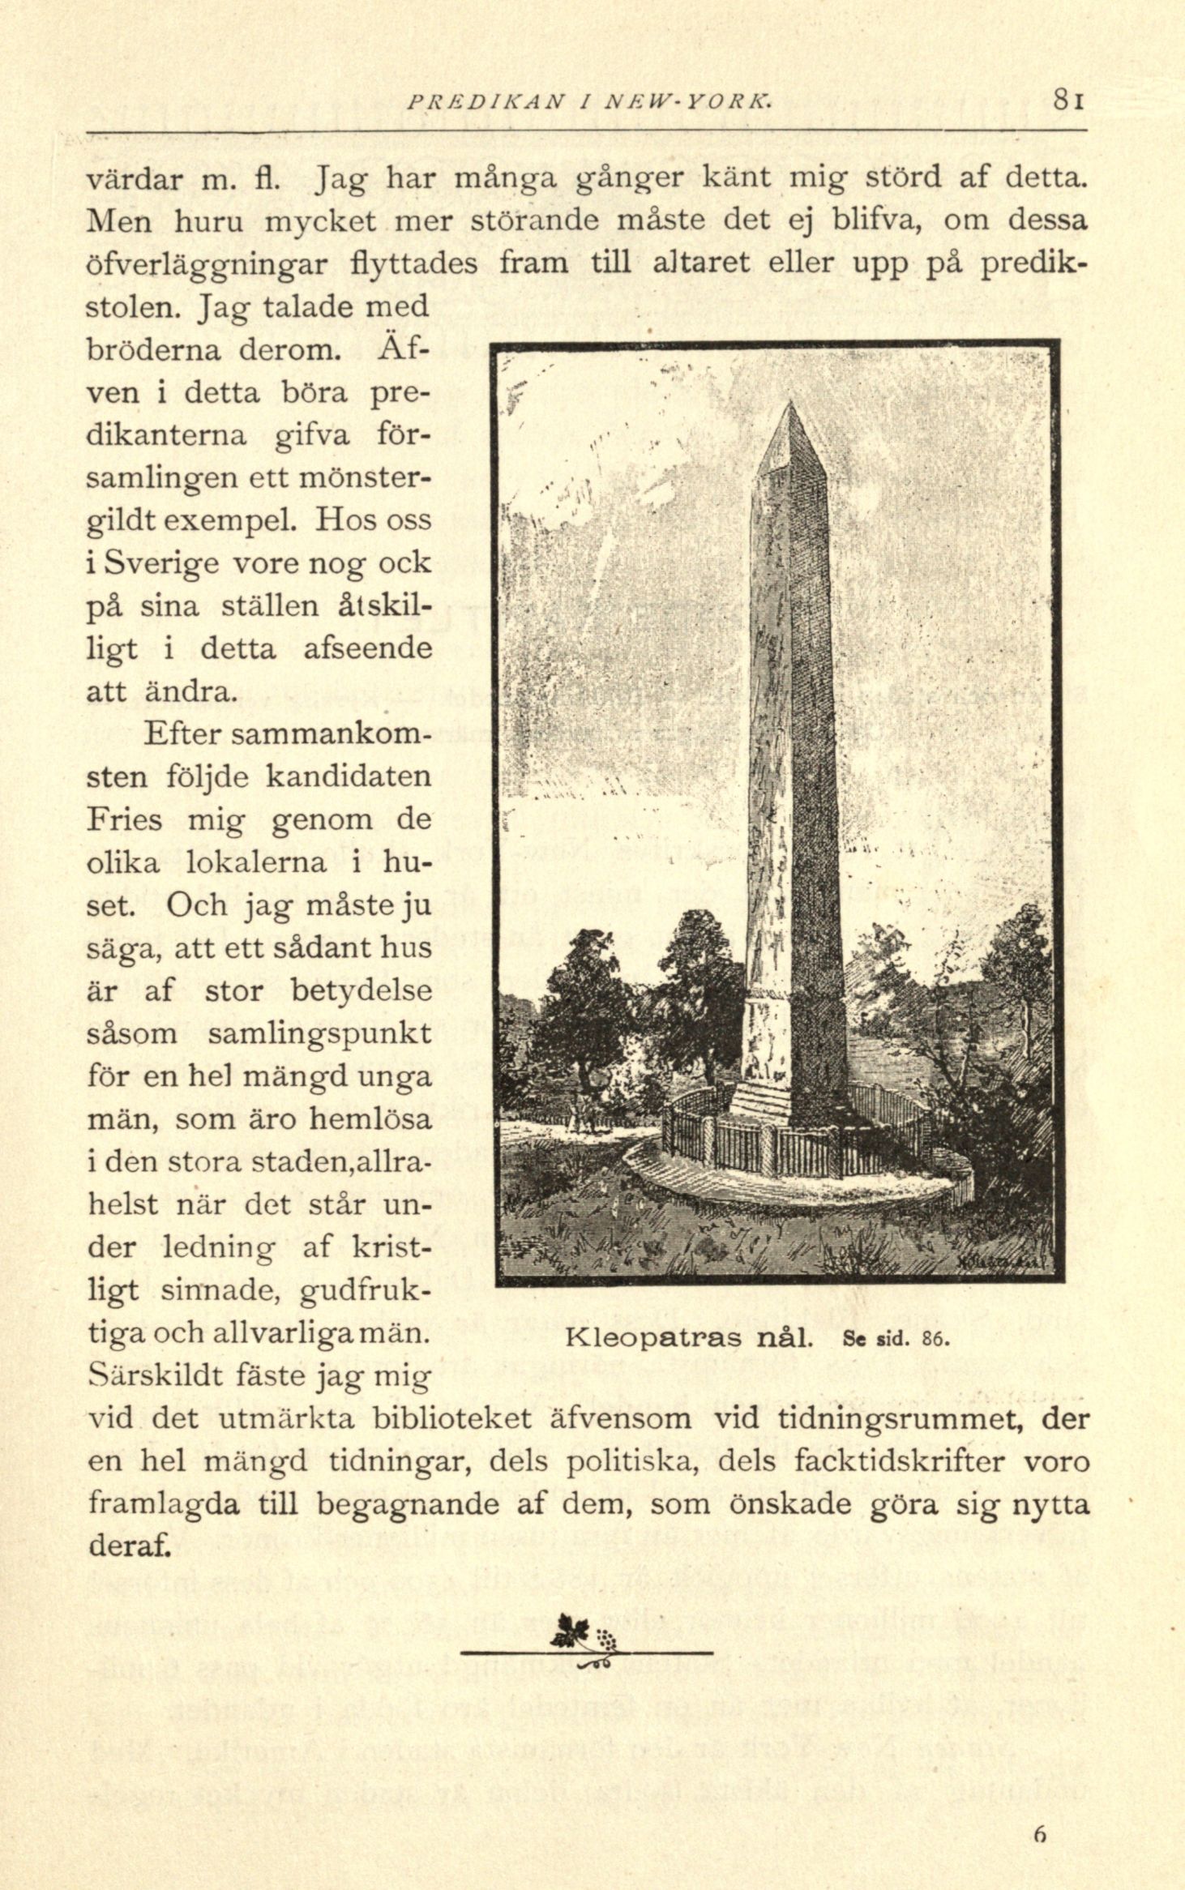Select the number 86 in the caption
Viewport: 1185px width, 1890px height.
click(x=935, y=1338)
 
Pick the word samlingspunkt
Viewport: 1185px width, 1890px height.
click(x=319, y=1035)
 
